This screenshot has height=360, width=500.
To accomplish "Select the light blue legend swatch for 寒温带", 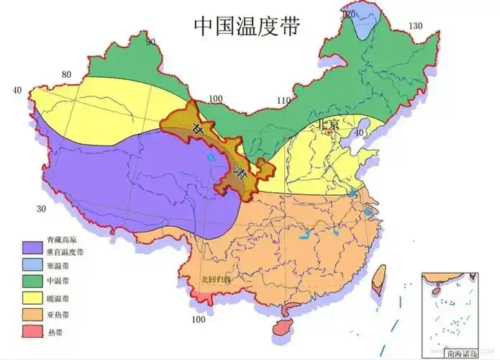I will [32, 265].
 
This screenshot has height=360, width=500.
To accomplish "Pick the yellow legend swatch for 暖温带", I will [32, 297].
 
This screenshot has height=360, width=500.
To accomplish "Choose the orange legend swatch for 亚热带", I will [32, 314].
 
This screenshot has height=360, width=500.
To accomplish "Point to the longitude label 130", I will [415, 26].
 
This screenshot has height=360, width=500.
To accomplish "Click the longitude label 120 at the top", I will [349, 14].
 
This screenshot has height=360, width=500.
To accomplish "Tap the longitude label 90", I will [151, 41].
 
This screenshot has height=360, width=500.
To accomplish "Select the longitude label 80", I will [66, 74].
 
